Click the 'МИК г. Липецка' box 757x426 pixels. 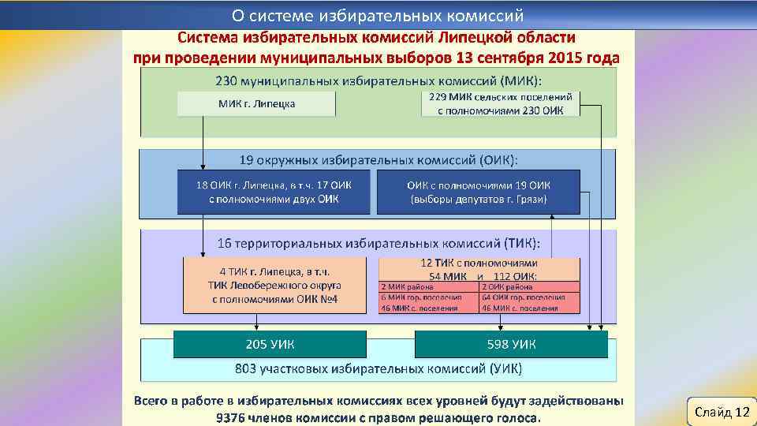[x=256, y=104]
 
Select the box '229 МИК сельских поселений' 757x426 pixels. [x=502, y=103]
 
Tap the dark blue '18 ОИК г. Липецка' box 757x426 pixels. [x=274, y=192]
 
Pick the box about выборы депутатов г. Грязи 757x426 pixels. [x=479, y=192]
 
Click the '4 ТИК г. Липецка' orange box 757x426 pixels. [x=274, y=285]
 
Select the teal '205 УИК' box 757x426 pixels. [x=270, y=344]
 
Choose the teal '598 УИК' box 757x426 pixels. [x=511, y=344]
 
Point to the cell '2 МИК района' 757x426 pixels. [x=428, y=287]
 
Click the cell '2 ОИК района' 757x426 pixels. [x=529, y=287]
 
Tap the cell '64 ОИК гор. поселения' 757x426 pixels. [x=529, y=297]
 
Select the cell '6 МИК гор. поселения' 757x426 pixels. [x=428, y=297]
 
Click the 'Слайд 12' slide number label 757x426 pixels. [x=722, y=413]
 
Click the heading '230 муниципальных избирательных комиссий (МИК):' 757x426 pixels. [x=378, y=80]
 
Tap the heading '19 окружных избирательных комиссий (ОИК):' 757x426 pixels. [x=378, y=159]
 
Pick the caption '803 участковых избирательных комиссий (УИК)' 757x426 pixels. [x=378, y=368]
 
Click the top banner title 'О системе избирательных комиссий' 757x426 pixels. [x=378, y=15]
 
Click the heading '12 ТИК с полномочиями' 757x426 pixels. [x=479, y=263]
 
